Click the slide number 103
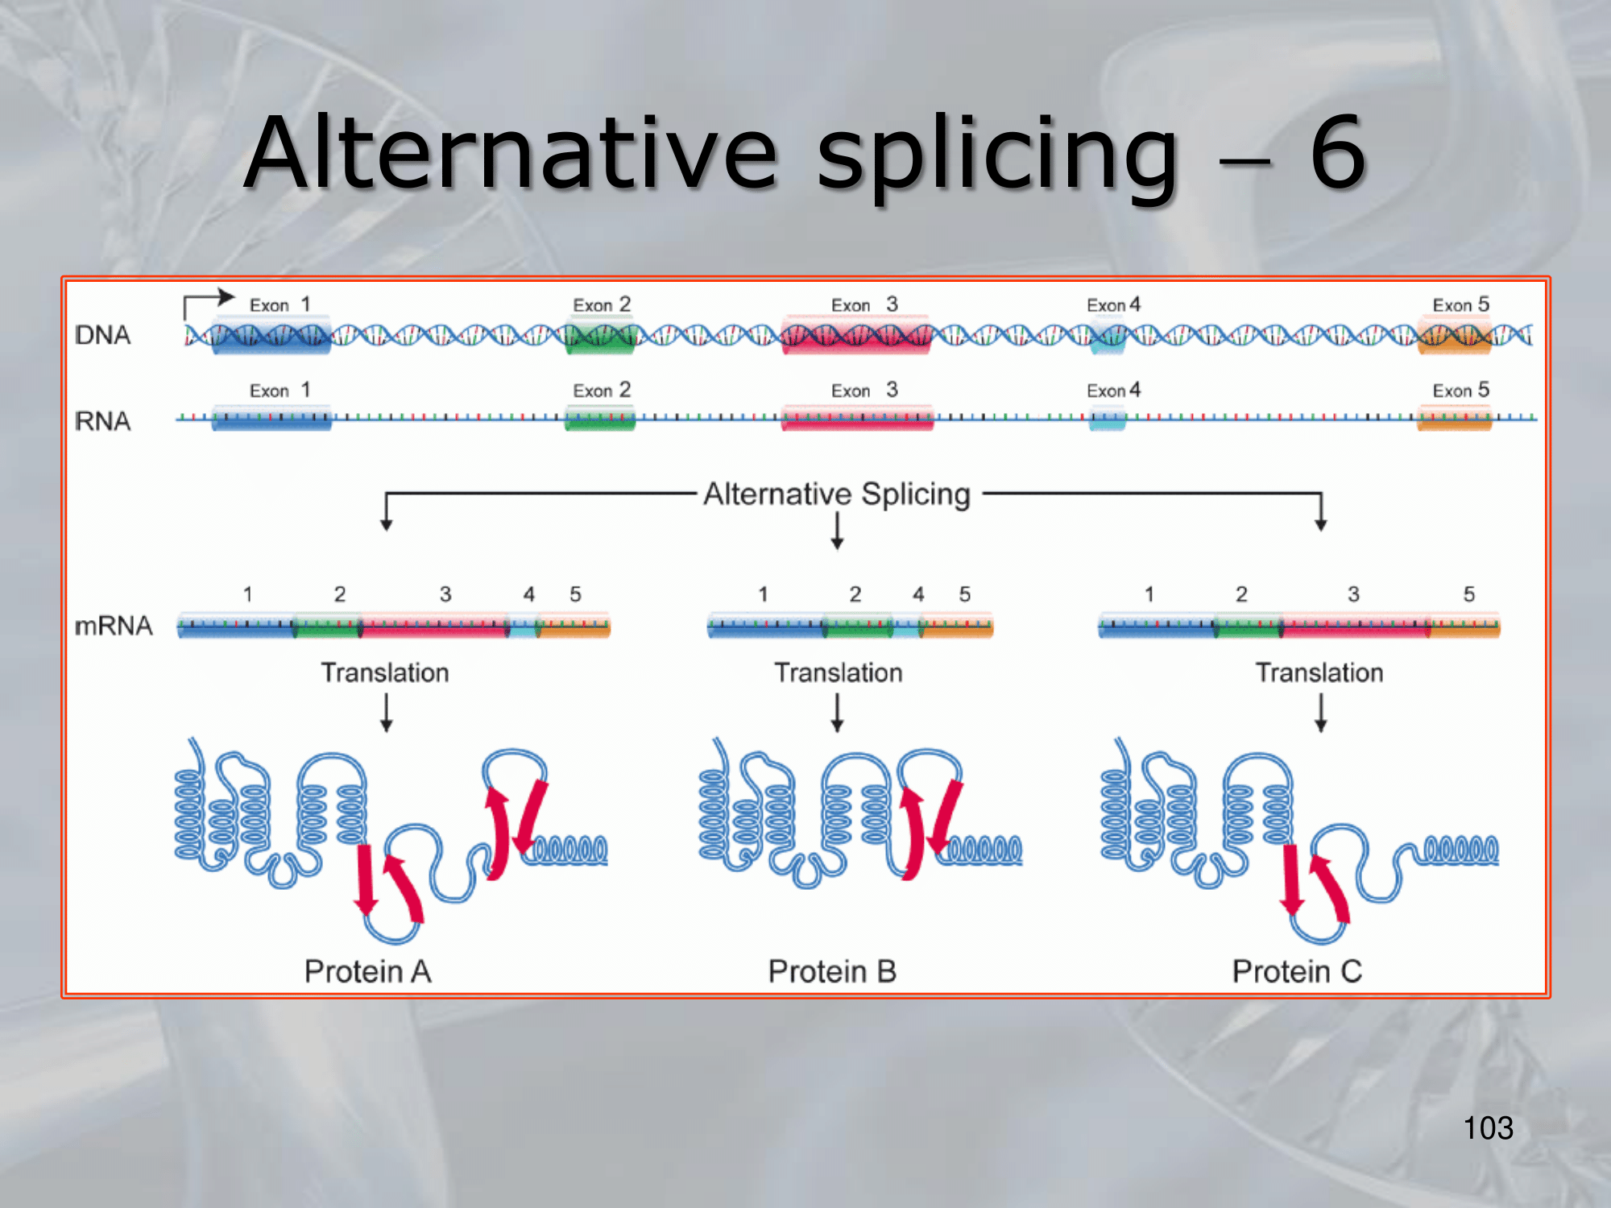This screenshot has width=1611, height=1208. (x=1488, y=1127)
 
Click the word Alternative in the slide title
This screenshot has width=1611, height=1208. (x=511, y=153)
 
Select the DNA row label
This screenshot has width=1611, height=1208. (x=102, y=335)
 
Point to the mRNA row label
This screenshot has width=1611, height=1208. (x=113, y=626)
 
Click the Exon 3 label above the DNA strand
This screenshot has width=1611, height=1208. (x=864, y=304)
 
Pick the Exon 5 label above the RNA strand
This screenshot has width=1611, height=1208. (x=1460, y=390)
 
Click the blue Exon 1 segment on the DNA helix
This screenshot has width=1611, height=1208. (x=271, y=335)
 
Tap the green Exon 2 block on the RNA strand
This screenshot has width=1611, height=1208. (x=600, y=419)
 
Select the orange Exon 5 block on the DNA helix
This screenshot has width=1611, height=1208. (x=1454, y=335)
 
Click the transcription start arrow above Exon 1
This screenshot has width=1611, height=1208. (x=209, y=303)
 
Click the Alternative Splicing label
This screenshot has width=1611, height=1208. (x=837, y=494)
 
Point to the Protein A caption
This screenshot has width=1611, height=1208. (x=368, y=971)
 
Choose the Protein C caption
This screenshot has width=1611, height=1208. (x=1297, y=971)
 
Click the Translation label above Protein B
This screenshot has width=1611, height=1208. (x=839, y=672)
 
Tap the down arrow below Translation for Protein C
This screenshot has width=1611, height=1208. (x=1320, y=713)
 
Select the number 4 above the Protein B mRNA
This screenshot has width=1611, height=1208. (x=918, y=594)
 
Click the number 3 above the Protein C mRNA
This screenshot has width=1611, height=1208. (x=1353, y=594)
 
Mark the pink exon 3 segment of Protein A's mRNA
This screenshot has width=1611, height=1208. (x=435, y=626)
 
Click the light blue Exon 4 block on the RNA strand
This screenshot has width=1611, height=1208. (x=1108, y=419)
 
